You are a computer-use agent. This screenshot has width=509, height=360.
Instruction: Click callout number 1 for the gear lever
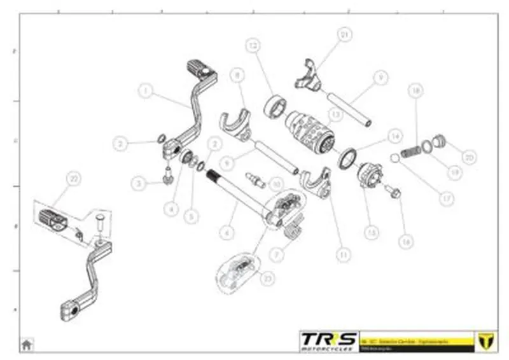pyautogui.click(x=146, y=92)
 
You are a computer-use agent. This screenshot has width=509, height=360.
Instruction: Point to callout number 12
pyautogui.click(x=253, y=46)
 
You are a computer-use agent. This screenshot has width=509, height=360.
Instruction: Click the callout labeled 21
pyautogui.click(x=344, y=34)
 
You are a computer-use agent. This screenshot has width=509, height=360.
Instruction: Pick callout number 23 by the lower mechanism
pyautogui.click(x=267, y=278)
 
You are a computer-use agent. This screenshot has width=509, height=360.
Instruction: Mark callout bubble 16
pyautogui.click(x=405, y=241)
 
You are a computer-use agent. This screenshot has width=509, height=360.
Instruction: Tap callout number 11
pyautogui.click(x=344, y=254)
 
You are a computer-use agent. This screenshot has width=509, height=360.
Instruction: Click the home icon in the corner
pyautogui.click(x=27, y=344)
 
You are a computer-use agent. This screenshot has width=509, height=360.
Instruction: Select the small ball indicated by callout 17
pyautogui.click(x=394, y=158)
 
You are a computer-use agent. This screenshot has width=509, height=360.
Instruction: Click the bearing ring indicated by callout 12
pyautogui.click(x=274, y=104)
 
